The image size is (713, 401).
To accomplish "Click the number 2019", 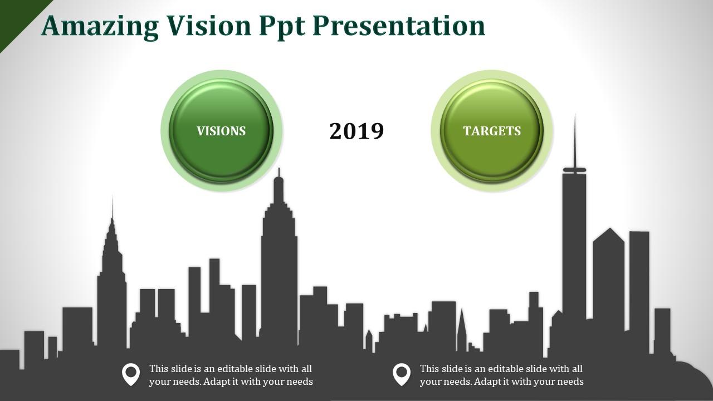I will (356, 131).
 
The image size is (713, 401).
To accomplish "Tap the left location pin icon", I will (131, 374).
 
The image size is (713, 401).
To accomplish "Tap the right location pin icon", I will (402, 374).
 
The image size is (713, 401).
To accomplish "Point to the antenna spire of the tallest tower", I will (574, 139).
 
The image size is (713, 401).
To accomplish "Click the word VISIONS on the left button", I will (221, 131).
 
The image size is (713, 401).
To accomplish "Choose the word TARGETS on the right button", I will (492, 131).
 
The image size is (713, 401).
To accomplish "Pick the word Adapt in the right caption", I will (488, 382).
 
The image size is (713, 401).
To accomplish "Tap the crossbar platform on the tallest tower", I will (574, 170).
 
